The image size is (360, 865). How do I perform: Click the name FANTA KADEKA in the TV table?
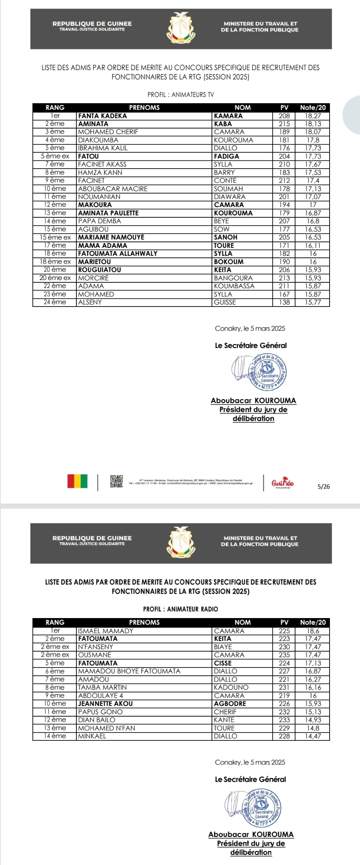click(x=102, y=116)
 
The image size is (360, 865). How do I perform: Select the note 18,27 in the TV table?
click(x=313, y=116)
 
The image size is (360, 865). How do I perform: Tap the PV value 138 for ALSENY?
click(x=284, y=302)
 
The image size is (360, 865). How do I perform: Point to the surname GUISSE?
click(x=225, y=302)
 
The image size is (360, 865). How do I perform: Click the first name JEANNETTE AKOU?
click(x=105, y=703)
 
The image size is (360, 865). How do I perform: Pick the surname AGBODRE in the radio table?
click(x=230, y=703)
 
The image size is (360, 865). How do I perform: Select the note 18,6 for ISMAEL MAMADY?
click(x=313, y=631)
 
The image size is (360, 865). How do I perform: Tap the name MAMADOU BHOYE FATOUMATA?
click(x=129, y=671)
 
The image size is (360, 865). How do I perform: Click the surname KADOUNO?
click(x=231, y=687)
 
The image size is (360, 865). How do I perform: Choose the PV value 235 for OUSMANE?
click(x=284, y=655)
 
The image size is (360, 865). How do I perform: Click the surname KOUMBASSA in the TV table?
click(x=234, y=286)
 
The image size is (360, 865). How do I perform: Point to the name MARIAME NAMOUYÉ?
click(x=111, y=237)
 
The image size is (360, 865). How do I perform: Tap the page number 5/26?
click(x=323, y=486)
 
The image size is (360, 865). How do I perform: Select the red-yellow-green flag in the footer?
click(x=77, y=481)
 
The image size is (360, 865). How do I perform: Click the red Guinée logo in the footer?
click(x=282, y=483)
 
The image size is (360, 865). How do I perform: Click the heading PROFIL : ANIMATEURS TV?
click(x=180, y=95)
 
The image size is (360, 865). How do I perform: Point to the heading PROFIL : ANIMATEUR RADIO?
click(x=180, y=609)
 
